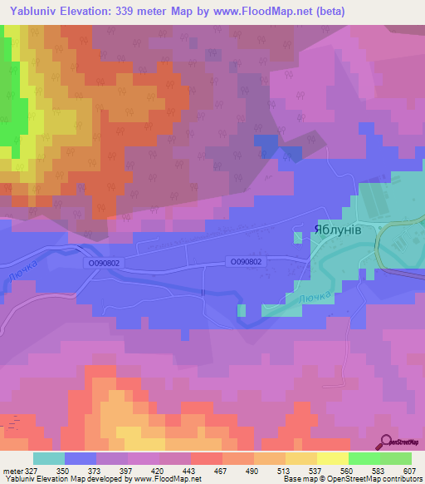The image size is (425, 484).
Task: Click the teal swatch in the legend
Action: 48,458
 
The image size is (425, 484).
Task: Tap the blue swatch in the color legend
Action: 80,458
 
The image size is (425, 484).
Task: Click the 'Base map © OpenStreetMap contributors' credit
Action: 351,480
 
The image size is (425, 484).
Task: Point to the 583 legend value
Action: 377,470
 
